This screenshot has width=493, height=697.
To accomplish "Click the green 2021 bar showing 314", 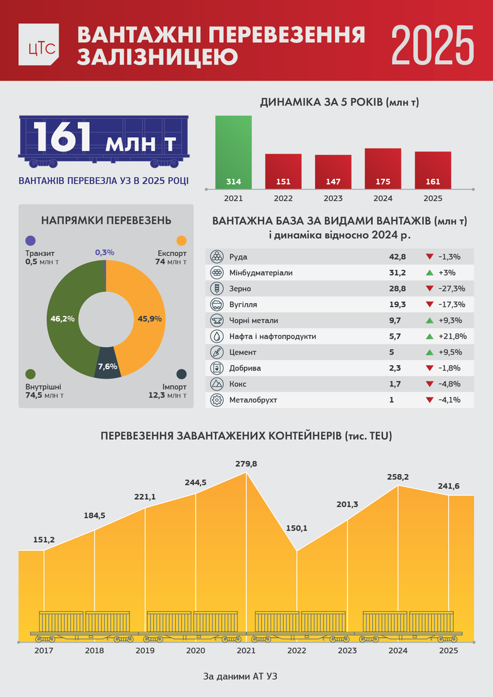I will pyautogui.click(x=233, y=152).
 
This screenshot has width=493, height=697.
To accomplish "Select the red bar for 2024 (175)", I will pyautogui.click(x=383, y=168).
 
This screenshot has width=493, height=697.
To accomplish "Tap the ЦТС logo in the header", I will pyautogui.click(x=39, y=44).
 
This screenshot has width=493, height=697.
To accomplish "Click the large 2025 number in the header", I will pyautogui.click(x=432, y=45).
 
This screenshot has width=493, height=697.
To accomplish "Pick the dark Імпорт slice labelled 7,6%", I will pyautogui.click(x=107, y=366).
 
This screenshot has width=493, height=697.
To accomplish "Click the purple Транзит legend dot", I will pyautogui.click(x=30, y=241).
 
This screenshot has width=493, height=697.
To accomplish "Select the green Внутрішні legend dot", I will pyautogui.click(x=30, y=374).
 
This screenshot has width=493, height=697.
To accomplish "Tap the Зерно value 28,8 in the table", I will pyautogui.click(x=398, y=289).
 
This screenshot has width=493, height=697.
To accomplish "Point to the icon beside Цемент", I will pyautogui.click(x=217, y=352).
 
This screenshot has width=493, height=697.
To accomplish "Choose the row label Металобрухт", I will pyautogui.click(x=254, y=399).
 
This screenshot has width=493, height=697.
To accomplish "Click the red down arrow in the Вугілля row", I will pyautogui.click(x=429, y=305).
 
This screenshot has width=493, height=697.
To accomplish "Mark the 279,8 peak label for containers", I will pyautogui.click(x=246, y=464).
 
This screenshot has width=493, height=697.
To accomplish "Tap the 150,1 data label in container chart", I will pyautogui.click(x=296, y=528).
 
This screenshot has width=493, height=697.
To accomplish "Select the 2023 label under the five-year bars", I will pyautogui.click(x=333, y=198).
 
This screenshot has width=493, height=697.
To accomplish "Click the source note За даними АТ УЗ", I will pyautogui.click(x=240, y=676).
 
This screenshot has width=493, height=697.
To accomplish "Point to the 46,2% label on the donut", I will pyautogui.click(x=63, y=319).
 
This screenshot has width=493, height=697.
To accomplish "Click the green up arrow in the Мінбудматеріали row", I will pyautogui.click(x=429, y=273).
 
